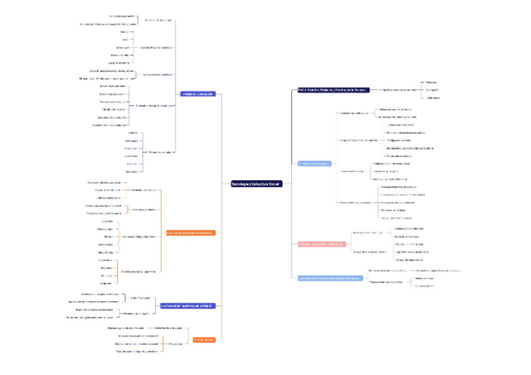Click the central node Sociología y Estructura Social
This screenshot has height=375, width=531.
pos(256,184)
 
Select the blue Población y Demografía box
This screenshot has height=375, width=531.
pos(197,94)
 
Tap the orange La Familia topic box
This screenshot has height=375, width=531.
pos(190,233)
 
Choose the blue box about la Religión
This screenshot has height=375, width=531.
pos(187,306)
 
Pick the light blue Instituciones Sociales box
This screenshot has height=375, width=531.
pos(314,163)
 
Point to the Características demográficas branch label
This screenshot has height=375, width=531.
pos(155,48)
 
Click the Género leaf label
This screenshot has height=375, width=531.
pos(125,31)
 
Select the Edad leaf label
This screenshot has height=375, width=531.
pos(125,39)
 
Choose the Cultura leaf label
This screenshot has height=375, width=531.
pos(133,133)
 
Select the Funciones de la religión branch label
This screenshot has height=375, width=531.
pos(136,312)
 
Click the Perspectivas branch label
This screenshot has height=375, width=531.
pos(176,343)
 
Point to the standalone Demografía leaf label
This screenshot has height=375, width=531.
pos(431,90)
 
